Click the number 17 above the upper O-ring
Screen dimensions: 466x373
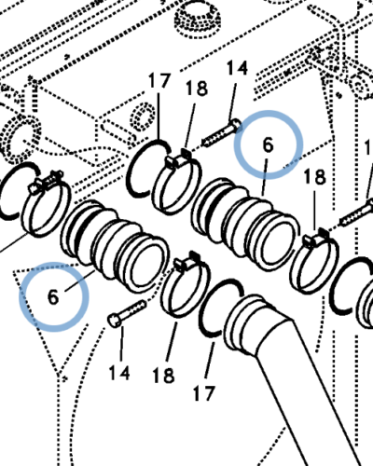click(159, 81)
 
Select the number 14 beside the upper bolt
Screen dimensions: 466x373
click(238, 68)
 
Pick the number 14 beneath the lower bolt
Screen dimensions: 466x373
click(118, 374)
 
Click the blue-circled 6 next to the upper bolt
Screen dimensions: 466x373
click(268, 145)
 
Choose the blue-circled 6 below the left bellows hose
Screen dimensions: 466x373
click(53, 297)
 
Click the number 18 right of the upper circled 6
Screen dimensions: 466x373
click(313, 177)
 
